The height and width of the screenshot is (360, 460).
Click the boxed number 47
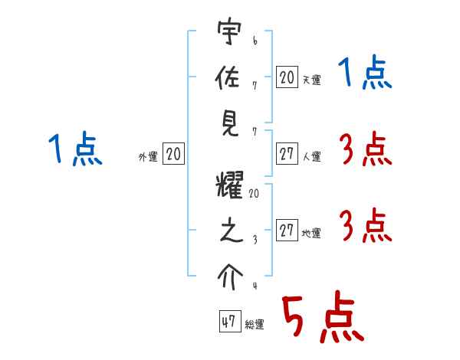click(x=228, y=322)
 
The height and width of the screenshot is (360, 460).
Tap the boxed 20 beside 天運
click(x=287, y=77)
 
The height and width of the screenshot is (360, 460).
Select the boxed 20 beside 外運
click(x=173, y=155)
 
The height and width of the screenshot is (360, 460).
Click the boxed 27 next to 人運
click(x=287, y=154)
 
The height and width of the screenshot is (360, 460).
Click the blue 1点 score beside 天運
click(x=365, y=75)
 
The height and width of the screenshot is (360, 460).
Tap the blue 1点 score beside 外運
click(x=75, y=149)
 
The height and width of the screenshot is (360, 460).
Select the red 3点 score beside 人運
click(x=365, y=150)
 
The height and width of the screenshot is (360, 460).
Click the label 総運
click(x=255, y=325)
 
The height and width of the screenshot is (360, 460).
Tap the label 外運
click(x=147, y=157)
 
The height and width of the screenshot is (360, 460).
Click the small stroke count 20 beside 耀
click(x=254, y=195)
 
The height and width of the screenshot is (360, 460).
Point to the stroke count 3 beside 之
click(x=254, y=239)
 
